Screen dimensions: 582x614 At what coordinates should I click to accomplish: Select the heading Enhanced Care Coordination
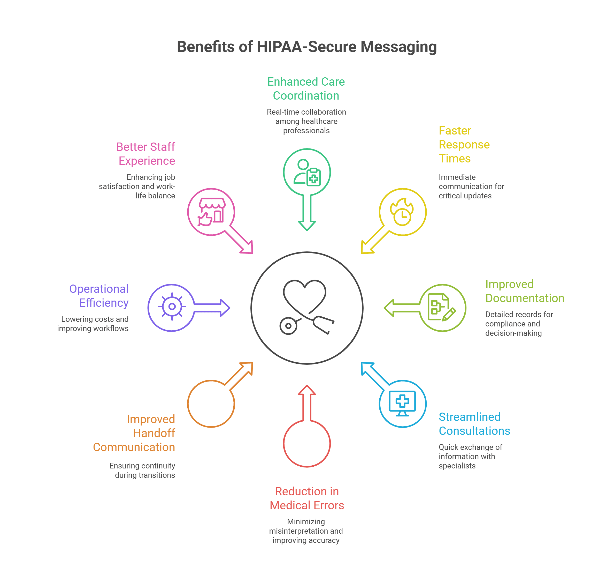pyautogui.click(x=306, y=89)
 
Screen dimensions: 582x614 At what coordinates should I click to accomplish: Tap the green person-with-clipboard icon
pyautogui.click(x=307, y=172)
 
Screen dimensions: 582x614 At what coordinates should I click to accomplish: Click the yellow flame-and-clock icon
pyautogui.click(x=402, y=212)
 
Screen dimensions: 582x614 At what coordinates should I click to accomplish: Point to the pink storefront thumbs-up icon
pyautogui.click(x=211, y=212)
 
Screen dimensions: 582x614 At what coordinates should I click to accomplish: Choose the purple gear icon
pyautogui.click(x=172, y=307)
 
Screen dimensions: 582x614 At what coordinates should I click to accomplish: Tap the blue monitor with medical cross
pyautogui.click(x=402, y=403)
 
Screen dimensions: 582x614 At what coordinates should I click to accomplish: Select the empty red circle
pyautogui.click(x=307, y=443)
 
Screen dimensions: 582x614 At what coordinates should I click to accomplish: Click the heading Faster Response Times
pyautogui.click(x=464, y=145)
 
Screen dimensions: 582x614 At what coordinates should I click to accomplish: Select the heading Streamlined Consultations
pyautogui.click(x=474, y=424)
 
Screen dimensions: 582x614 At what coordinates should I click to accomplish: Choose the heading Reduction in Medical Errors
pyautogui.click(x=307, y=498)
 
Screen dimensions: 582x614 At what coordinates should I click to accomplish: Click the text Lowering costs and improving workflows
pyautogui.click(x=93, y=324)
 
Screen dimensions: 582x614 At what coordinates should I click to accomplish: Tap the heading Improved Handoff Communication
pyautogui.click(x=134, y=433)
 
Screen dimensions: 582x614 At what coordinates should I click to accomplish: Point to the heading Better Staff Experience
pyautogui.click(x=146, y=154)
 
